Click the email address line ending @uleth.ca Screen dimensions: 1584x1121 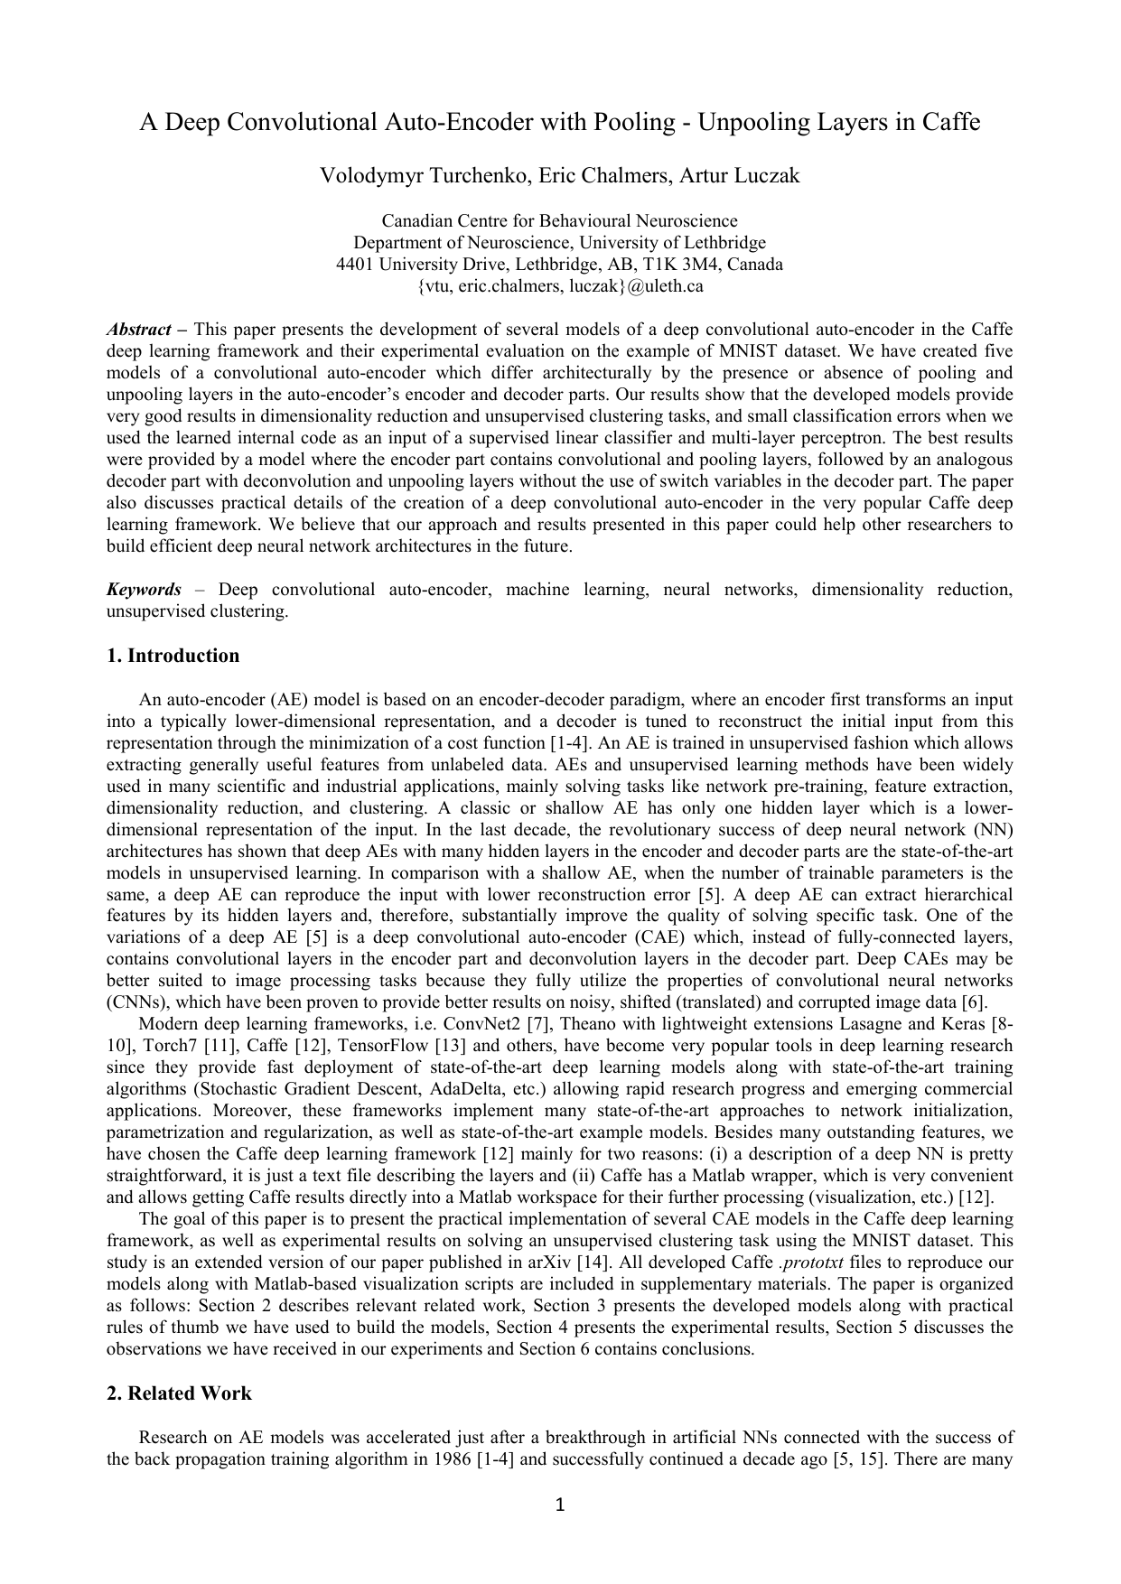[x=559, y=287]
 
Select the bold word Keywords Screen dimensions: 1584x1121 [x=144, y=590]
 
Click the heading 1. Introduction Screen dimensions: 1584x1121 [x=173, y=656]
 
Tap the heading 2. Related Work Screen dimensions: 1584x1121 [x=179, y=1393]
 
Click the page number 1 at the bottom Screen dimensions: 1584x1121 [x=559, y=1505]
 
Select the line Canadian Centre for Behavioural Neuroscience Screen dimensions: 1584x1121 [x=559, y=221]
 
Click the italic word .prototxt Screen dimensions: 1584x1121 [x=810, y=1263]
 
